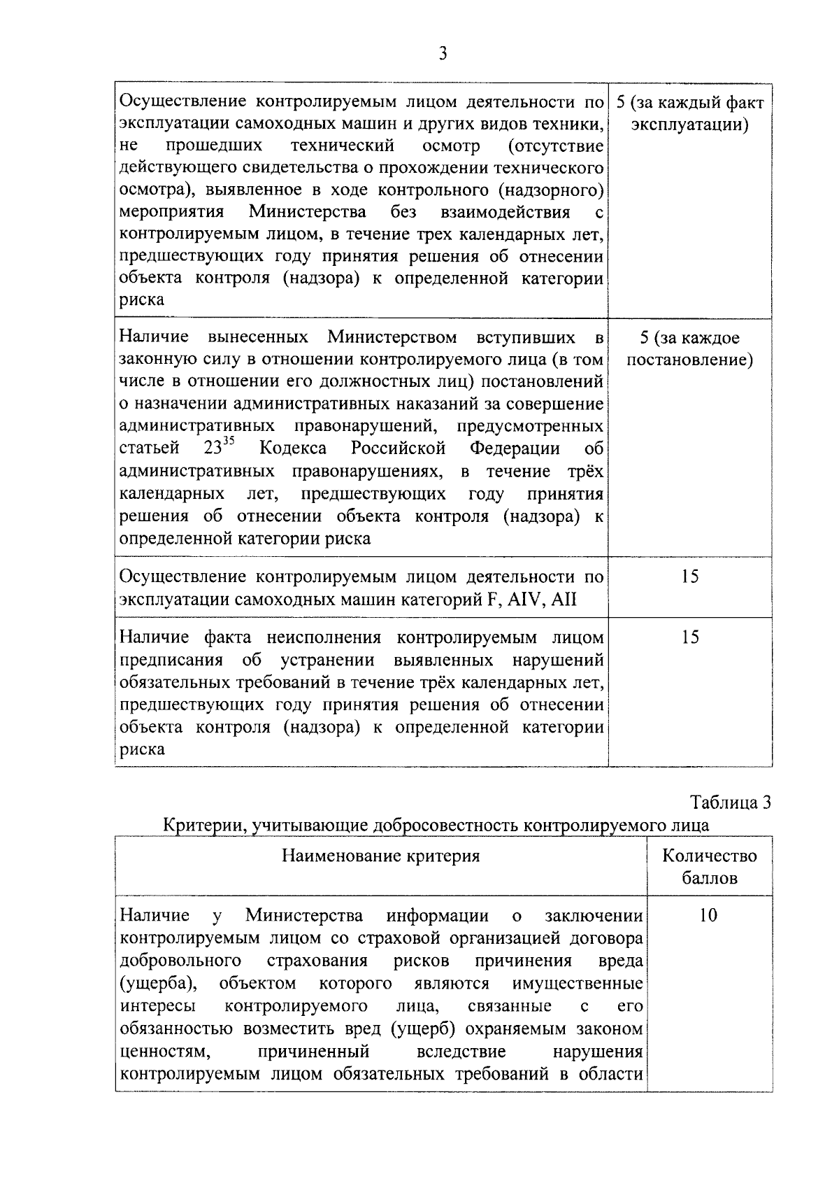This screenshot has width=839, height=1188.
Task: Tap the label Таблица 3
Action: [731, 802]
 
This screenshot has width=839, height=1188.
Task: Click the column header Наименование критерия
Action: [380, 856]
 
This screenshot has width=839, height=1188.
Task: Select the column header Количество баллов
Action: [709, 867]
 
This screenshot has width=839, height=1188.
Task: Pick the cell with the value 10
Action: [708, 915]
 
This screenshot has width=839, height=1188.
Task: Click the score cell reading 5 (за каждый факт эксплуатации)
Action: [689, 114]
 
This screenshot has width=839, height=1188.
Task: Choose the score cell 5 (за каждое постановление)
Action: [689, 349]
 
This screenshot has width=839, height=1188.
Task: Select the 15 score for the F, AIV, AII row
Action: [689, 577]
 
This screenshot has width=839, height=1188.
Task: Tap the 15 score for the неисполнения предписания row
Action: [689, 637]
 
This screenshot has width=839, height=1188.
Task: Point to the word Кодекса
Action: [292, 448]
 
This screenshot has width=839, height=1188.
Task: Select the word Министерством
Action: [392, 337]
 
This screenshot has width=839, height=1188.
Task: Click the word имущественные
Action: [578, 983]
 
